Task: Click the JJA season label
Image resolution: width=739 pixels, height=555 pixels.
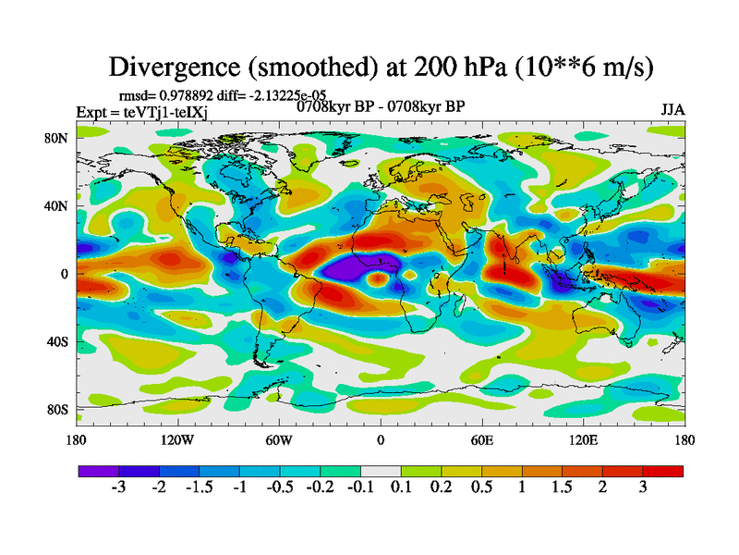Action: (x=672, y=110)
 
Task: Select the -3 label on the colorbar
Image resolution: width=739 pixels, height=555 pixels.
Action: (x=119, y=487)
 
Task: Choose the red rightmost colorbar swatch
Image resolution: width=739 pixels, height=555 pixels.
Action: (x=663, y=471)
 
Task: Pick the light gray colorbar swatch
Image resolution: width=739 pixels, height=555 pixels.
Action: (x=380, y=471)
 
